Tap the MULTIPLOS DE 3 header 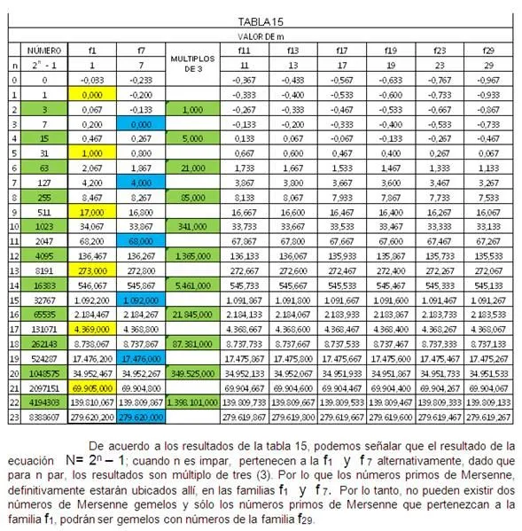pos(188,63)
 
